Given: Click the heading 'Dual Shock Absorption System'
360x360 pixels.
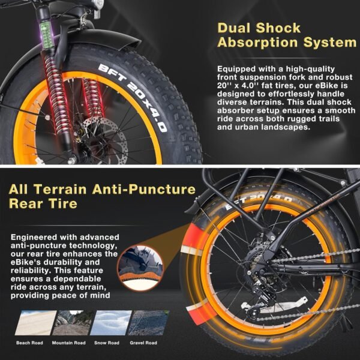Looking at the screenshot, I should tap(286, 35).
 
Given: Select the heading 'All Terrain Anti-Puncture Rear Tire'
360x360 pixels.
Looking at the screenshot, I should tap(102, 196).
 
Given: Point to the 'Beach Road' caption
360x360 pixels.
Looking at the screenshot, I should tap(29, 343).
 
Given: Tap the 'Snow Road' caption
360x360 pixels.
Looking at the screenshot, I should tap(106, 343).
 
